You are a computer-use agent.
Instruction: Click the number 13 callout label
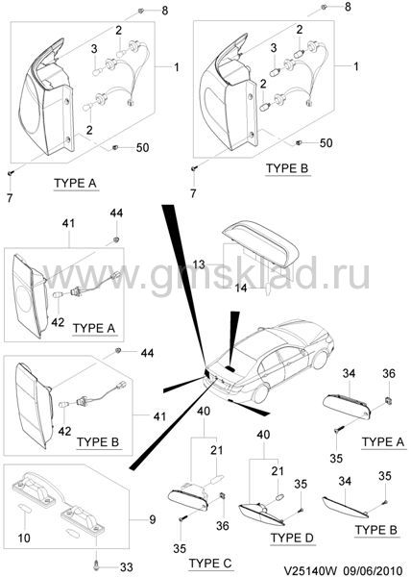[199, 264]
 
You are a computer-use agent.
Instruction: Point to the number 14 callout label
[241, 288]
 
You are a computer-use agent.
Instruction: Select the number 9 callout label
[153, 520]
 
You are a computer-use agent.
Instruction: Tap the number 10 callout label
[24, 538]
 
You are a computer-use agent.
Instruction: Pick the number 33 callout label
[127, 567]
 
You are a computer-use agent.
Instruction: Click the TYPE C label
[210, 563]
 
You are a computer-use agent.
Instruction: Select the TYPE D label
[292, 538]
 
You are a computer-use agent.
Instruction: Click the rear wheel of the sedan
[260, 394]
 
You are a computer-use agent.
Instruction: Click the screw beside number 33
[97, 564]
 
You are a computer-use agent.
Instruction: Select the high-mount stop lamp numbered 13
[261, 243]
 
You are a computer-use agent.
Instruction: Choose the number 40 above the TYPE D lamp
[263, 435]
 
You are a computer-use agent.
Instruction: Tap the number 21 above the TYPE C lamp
[216, 450]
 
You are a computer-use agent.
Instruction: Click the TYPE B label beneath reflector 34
[376, 530]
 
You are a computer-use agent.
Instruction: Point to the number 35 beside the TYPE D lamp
[301, 484]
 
